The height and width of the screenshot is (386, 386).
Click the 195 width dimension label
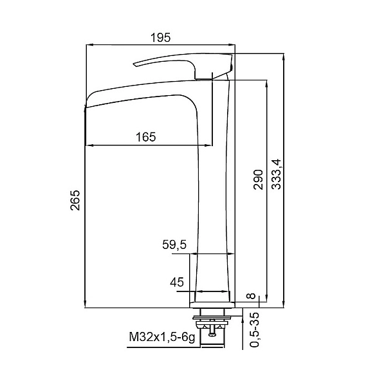click(160, 38)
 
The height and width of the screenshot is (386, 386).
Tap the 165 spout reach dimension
click(146, 137)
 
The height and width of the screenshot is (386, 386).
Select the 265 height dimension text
click(75, 200)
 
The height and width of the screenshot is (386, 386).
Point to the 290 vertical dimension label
click(258, 179)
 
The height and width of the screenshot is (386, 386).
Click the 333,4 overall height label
click(276, 174)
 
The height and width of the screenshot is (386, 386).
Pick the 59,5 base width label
click(174, 245)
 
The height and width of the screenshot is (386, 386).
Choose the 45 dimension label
click(177, 282)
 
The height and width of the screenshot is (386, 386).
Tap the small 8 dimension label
click(252, 296)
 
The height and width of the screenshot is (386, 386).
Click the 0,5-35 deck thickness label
click(255, 329)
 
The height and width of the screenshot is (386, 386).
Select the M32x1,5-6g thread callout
click(162, 336)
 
